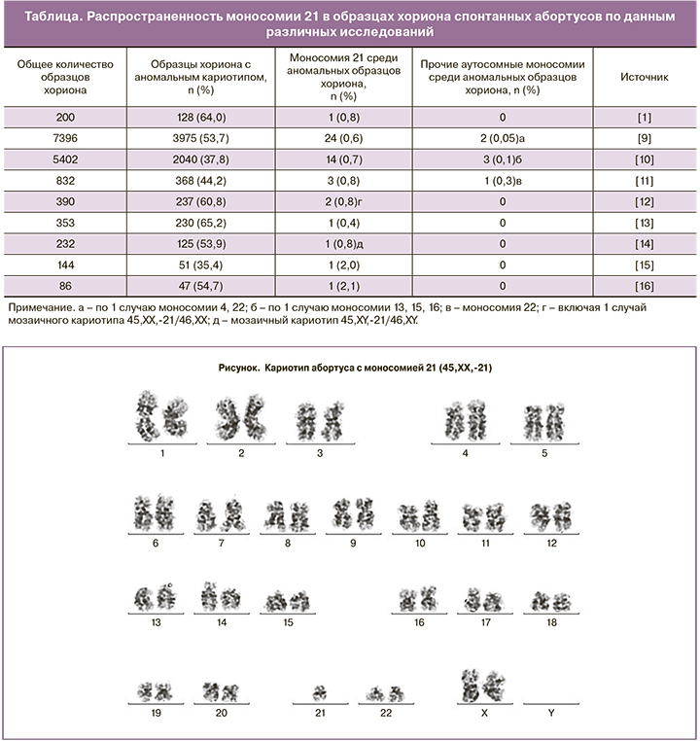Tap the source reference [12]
pos(643,201)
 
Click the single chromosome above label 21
pos(319,692)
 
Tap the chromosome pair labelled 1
pos(162,416)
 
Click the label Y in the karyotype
pos(551,713)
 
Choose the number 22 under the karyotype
pos(385,713)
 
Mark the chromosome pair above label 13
pos(156,596)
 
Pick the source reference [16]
pos(643,287)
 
